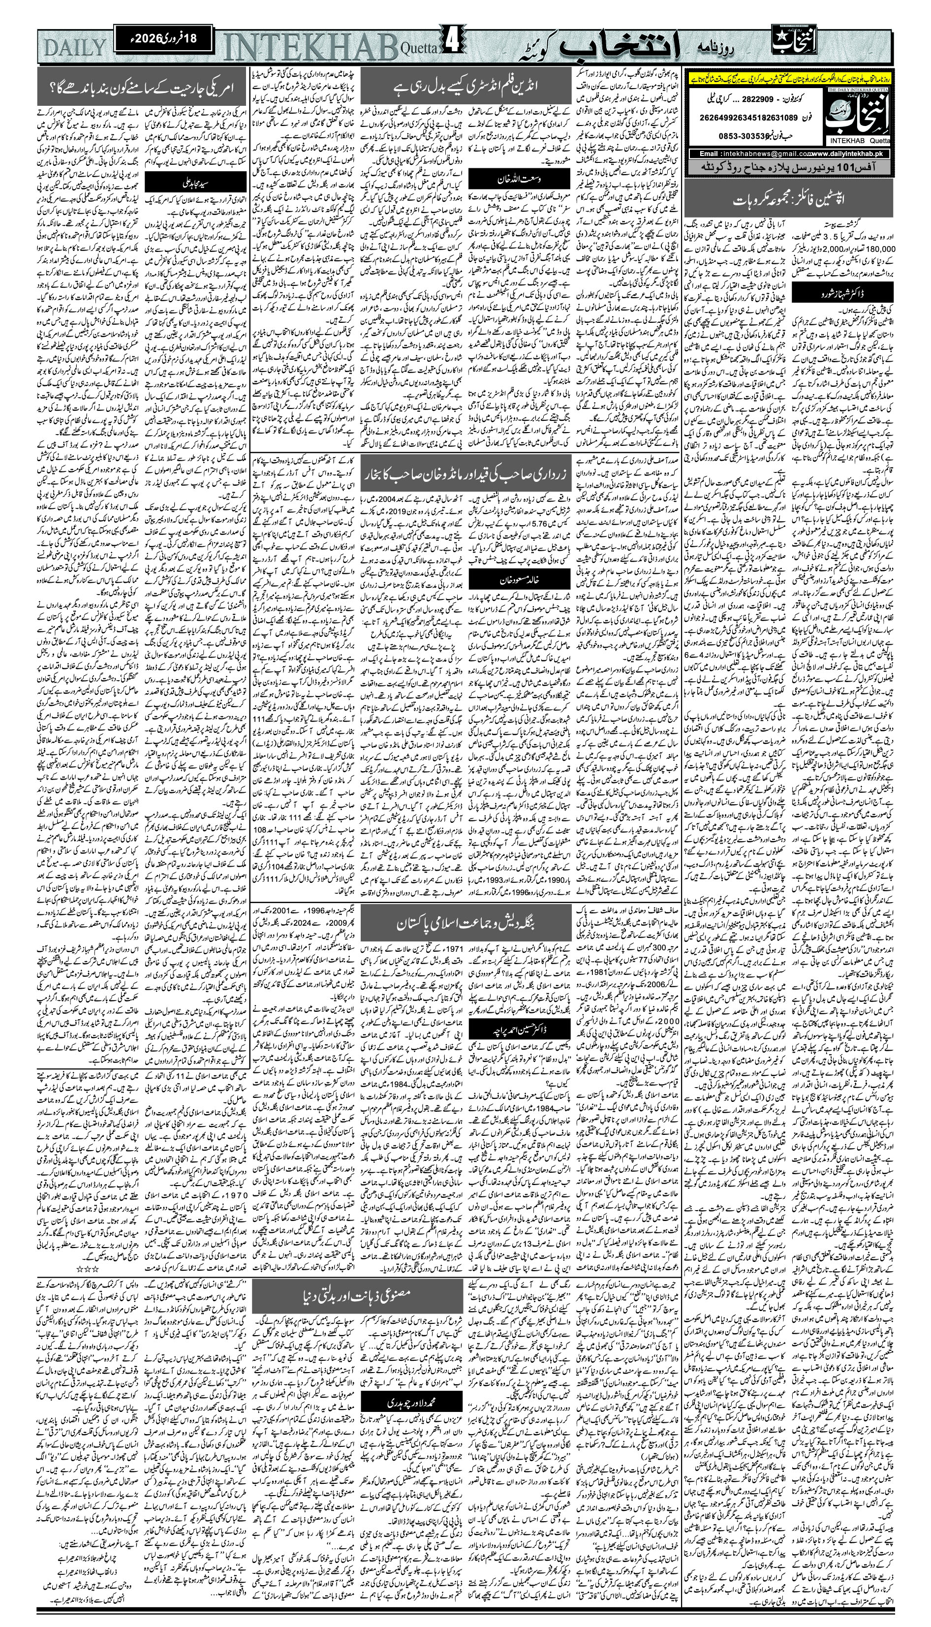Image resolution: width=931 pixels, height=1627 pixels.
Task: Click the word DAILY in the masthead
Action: pyautogui.click(x=75, y=48)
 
